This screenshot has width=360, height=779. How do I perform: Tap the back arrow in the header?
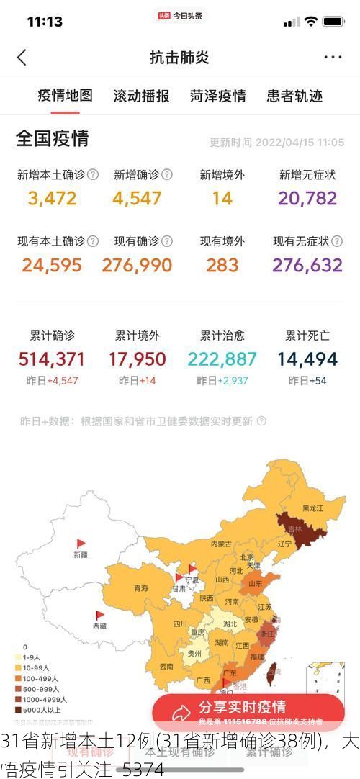(22, 58)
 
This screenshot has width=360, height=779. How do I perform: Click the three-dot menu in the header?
(333, 58)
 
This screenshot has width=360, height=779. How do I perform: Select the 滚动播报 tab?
(141, 96)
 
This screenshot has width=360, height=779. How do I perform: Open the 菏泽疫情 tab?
(218, 96)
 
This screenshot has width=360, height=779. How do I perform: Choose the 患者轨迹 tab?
(294, 96)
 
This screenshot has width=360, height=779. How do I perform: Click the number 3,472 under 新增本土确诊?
(52, 198)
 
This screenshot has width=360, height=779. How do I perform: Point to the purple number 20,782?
(307, 198)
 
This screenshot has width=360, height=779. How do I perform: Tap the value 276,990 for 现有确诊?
(137, 265)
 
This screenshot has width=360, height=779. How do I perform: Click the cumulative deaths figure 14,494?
(307, 359)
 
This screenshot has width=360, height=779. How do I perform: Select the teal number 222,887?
(222, 359)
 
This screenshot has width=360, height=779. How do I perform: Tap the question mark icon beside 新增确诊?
(167, 174)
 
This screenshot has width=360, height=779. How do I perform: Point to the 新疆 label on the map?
(80, 555)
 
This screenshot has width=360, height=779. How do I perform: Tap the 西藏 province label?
(99, 626)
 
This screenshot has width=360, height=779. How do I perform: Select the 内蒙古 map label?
(221, 544)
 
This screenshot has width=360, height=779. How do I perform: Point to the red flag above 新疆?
(81, 544)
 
